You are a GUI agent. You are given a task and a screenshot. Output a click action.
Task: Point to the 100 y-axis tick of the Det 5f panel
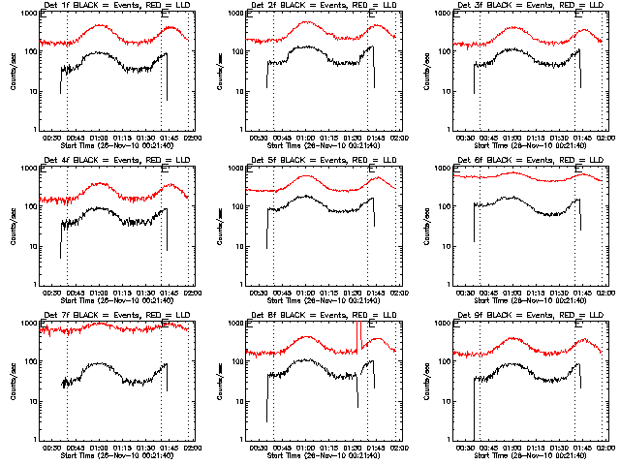coord(238,206)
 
